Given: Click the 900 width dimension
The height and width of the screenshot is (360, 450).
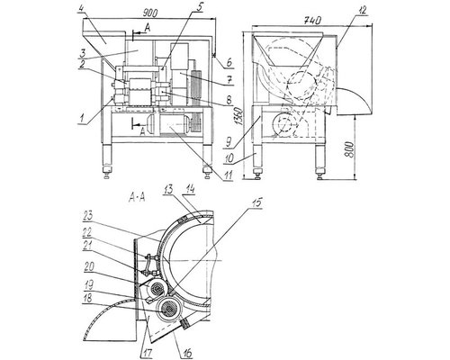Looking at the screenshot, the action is (x=150, y=13).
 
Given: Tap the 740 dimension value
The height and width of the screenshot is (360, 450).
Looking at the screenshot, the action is (x=313, y=20).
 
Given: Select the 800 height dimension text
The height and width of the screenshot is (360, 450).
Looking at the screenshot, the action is (x=349, y=149).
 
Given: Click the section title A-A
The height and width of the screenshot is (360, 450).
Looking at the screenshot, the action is (x=137, y=198).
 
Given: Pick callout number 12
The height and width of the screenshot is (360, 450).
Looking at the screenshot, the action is (x=363, y=11).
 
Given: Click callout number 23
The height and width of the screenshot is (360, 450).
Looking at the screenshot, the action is (x=89, y=215).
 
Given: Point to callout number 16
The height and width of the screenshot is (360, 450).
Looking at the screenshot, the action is (x=187, y=354).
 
